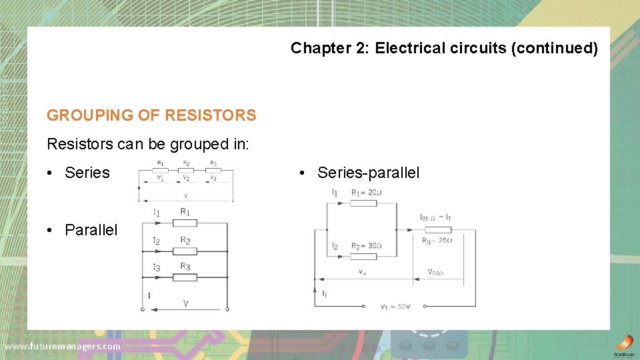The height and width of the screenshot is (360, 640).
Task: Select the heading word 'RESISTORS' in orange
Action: click(x=210, y=115)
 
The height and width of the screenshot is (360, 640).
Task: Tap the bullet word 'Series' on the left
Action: click(x=87, y=173)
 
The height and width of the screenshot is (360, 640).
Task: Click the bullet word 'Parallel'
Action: click(x=91, y=230)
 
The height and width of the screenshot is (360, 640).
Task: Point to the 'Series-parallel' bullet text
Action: click(x=369, y=173)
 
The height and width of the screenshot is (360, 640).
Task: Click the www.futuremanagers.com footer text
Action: click(x=63, y=346)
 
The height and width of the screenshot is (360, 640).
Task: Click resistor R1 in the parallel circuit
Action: click(x=185, y=223)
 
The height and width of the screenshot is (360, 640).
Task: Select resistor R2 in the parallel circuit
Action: click(x=185, y=251)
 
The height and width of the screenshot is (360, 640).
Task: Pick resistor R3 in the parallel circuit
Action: click(x=185, y=277)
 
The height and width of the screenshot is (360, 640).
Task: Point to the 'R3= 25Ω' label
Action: click(x=437, y=241)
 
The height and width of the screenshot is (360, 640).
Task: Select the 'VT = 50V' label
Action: click(x=395, y=307)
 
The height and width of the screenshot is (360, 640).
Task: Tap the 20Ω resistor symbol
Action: click(x=363, y=203)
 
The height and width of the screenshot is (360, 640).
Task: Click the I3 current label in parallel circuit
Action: click(x=157, y=267)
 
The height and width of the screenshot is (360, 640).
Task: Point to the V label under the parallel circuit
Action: click(x=185, y=303)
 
